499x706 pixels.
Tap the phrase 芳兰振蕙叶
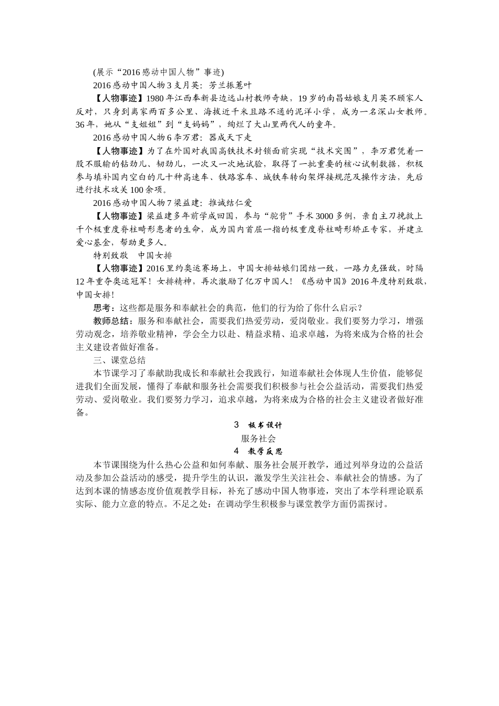pos(231,85)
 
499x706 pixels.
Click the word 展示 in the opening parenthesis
pos(103,72)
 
